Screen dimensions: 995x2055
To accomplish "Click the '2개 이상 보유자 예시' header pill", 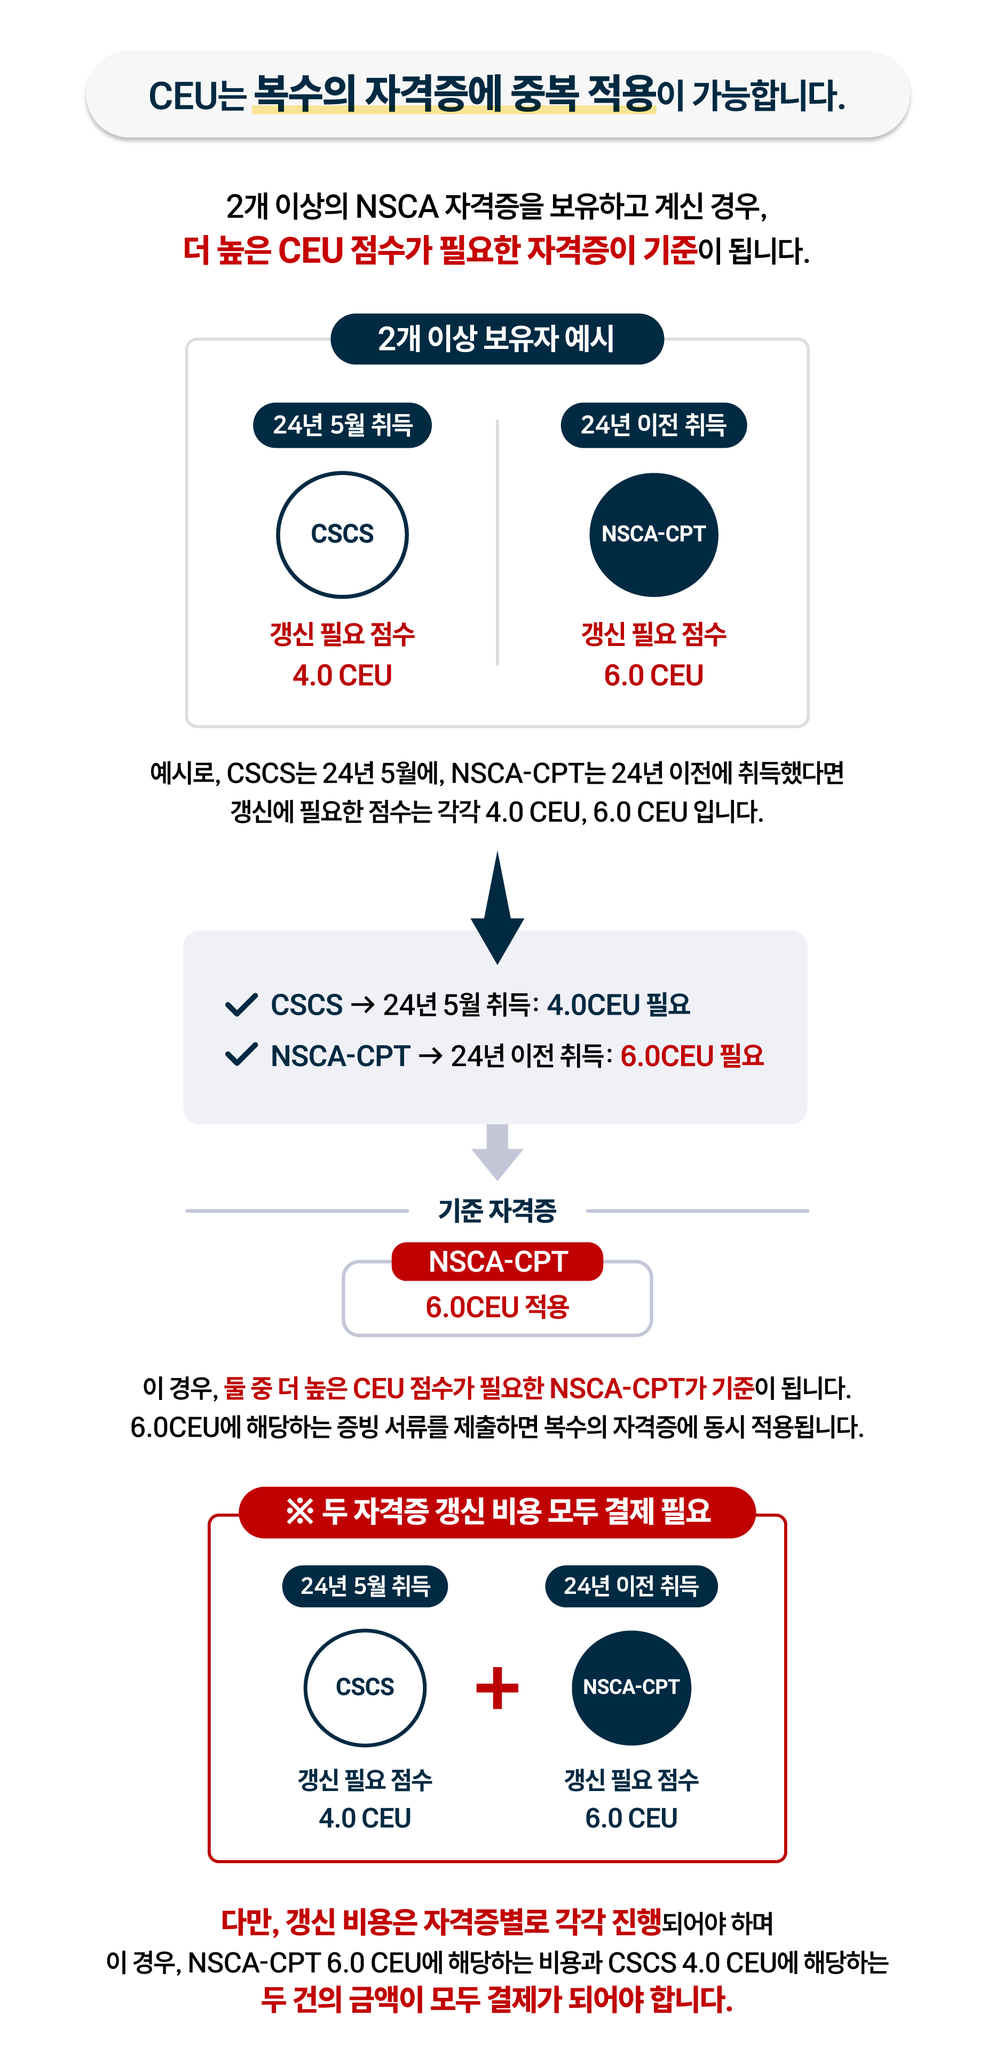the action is click(x=497, y=339).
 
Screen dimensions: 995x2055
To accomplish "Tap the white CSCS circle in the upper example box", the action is click(x=342, y=534).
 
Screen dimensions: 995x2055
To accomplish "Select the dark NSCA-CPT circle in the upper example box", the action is click(x=654, y=534).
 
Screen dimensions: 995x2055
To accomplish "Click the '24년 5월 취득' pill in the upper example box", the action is click(x=342, y=425).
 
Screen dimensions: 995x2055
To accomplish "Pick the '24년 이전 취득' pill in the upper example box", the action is click(x=654, y=425).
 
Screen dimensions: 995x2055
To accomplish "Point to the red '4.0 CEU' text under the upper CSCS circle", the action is click(x=342, y=676).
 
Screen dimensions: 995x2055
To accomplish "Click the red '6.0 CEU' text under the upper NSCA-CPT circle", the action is click(x=654, y=676).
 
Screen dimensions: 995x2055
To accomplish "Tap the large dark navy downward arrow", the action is click(x=497, y=908).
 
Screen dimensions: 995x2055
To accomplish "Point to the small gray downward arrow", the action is click(x=497, y=1152).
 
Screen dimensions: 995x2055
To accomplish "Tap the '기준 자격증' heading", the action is click(x=497, y=1211).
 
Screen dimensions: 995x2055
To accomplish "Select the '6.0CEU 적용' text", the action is click(x=497, y=1307).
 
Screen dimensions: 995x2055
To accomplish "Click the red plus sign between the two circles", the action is click(x=497, y=1688).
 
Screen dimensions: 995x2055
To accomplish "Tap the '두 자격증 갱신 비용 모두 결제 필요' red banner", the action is click(x=497, y=1512).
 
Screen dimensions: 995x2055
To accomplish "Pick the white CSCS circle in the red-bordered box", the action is click(x=365, y=1687).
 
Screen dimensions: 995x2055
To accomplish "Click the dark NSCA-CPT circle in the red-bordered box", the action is click(x=631, y=1687).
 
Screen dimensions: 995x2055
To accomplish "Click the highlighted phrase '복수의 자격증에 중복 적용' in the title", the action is click(x=454, y=94).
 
